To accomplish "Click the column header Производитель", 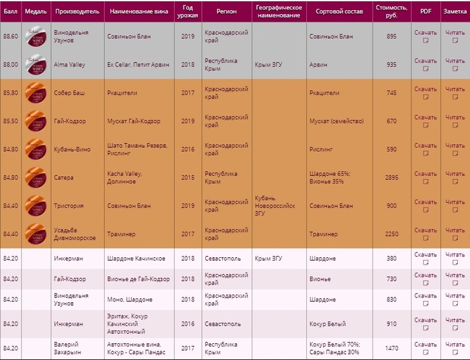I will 77,11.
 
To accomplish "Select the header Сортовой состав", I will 338,11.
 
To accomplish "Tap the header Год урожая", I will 187,11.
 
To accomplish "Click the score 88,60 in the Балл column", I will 11,36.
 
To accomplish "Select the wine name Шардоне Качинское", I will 136,258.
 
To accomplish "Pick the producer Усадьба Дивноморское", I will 75,234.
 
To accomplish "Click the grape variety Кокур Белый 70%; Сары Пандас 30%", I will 334,348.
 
